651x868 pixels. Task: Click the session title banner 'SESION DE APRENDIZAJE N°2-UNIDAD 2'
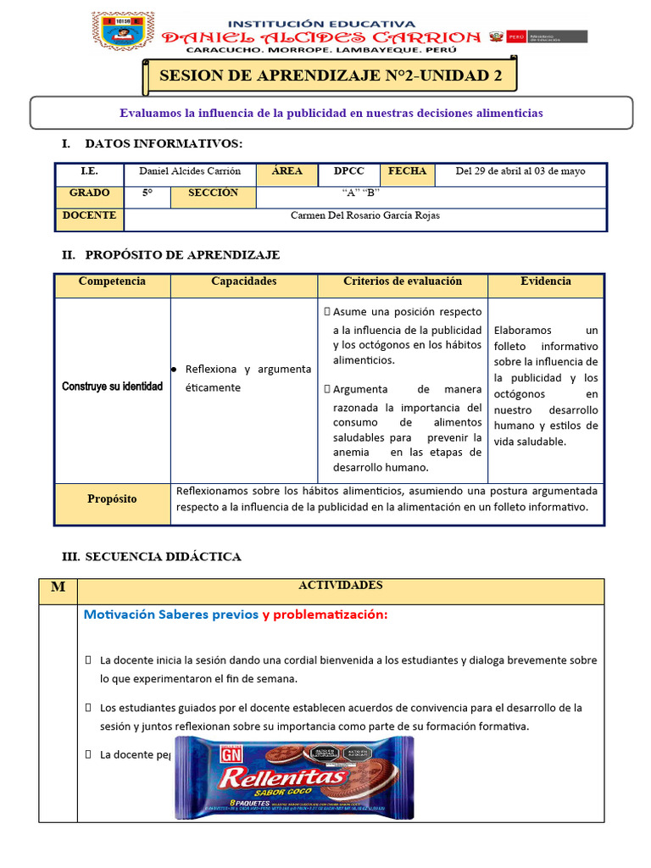(331, 75)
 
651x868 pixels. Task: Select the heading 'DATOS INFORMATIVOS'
(163, 144)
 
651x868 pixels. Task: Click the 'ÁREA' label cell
(287, 171)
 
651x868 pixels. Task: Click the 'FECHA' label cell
(407, 171)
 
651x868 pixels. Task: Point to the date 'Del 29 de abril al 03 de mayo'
(520, 171)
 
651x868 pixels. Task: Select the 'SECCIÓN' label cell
(213, 193)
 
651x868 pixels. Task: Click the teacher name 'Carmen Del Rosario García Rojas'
(365, 215)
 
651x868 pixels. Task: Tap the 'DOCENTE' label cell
(89, 215)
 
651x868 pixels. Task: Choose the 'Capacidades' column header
(244, 281)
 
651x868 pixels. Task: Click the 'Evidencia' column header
(546, 281)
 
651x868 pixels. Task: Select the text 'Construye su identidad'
(112, 387)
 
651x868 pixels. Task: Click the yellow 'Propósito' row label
(112, 499)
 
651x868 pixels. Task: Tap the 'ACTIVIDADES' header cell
(340, 586)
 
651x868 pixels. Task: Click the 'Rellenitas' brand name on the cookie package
(282, 776)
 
